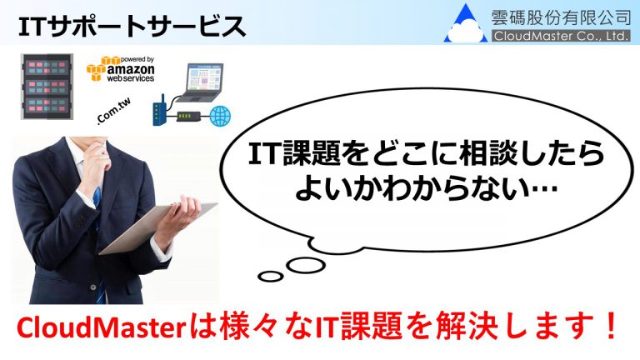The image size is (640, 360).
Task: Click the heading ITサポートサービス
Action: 132,27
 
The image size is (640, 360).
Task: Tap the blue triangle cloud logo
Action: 466,24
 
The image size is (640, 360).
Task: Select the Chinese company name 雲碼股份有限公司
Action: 561,17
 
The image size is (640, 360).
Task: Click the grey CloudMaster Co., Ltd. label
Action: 561,36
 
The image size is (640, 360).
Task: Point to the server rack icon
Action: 47,87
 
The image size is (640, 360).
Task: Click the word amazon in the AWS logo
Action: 131,69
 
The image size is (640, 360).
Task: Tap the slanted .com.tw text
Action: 114,111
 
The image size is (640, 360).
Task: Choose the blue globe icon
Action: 220,116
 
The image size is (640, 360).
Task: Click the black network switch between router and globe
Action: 188,117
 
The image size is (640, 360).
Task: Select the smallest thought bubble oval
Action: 271,277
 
